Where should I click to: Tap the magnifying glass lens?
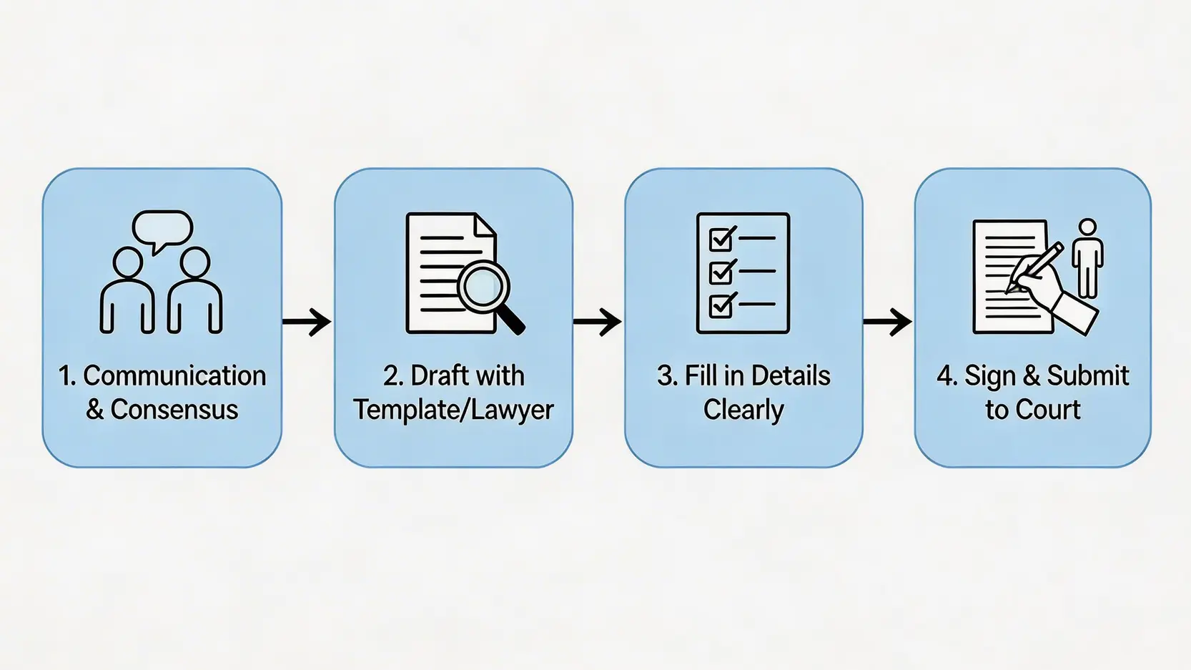(483, 286)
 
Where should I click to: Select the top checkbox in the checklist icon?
(721, 238)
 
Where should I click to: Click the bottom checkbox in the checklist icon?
(721, 305)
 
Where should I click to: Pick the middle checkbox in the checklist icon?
(721, 272)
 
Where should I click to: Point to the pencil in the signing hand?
(1037, 266)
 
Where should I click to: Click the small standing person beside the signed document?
(1087, 257)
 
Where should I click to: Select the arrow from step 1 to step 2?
(307, 322)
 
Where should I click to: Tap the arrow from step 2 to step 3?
(598, 322)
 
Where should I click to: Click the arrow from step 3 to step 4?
(888, 322)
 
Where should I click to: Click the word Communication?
(174, 376)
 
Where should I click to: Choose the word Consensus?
(174, 410)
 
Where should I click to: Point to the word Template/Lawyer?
(453, 410)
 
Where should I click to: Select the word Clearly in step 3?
(743, 410)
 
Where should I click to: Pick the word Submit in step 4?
(1087, 376)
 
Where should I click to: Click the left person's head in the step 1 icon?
(128, 262)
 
